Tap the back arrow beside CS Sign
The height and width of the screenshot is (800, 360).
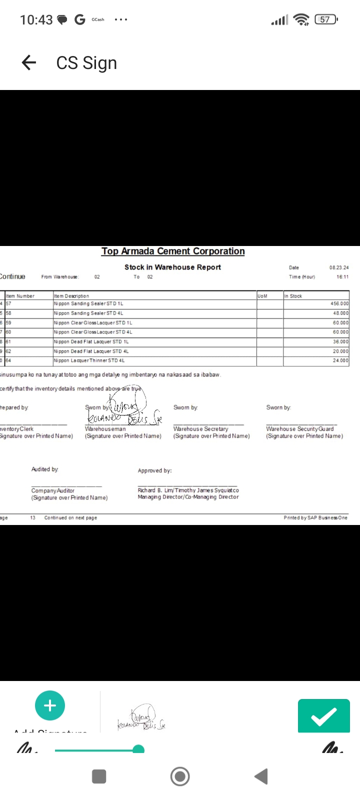[x=29, y=63]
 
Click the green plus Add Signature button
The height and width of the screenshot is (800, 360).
[x=50, y=705]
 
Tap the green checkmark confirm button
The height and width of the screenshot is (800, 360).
[x=323, y=716]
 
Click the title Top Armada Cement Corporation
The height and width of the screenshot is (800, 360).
[x=173, y=251]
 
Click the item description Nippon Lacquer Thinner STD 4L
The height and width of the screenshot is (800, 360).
[x=89, y=360]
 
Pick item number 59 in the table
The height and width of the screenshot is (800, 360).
[x=8, y=323]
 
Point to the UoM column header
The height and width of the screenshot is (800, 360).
[x=262, y=296]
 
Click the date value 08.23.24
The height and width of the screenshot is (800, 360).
[x=339, y=268]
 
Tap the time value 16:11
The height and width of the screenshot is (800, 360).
[x=342, y=277]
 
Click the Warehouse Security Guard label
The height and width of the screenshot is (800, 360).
[x=299, y=429]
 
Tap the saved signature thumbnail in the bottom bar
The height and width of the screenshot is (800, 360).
[x=141, y=718]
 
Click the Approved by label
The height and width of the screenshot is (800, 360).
[x=154, y=470]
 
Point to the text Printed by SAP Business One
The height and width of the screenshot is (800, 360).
[x=315, y=518]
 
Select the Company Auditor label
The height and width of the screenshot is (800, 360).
[x=53, y=491]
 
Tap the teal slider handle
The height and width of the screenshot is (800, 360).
[x=138, y=749]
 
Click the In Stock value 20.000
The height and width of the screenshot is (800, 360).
[x=340, y=351]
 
